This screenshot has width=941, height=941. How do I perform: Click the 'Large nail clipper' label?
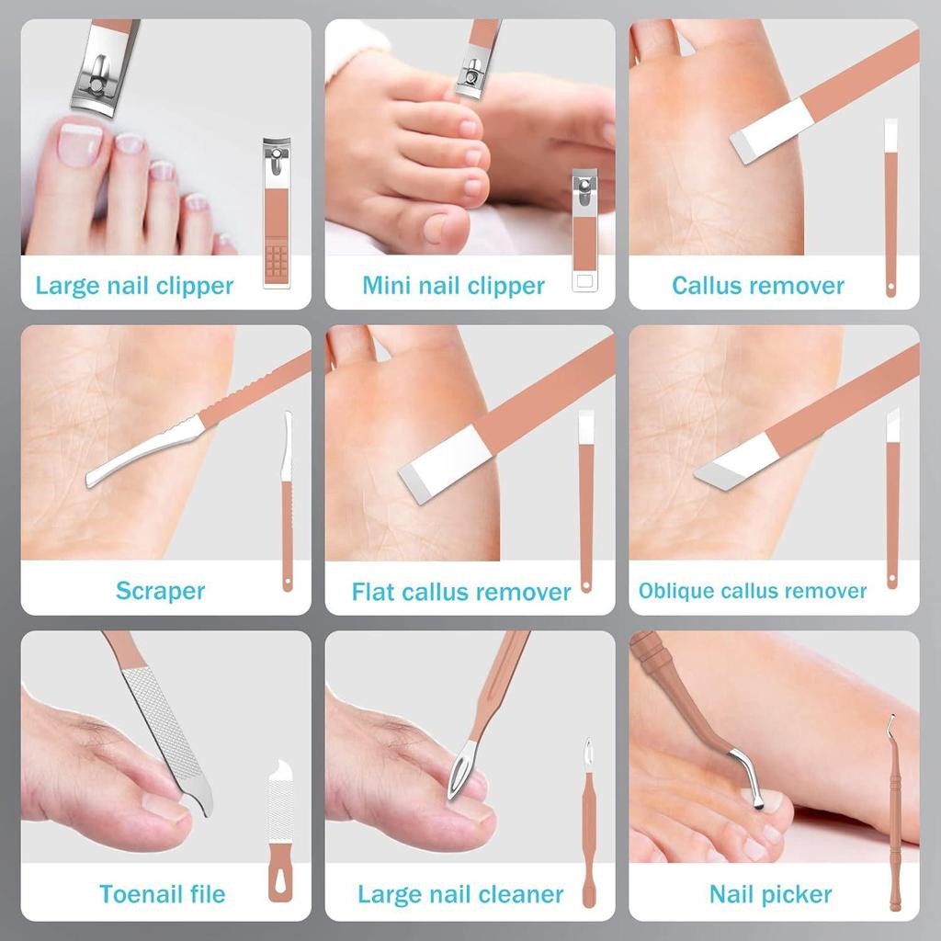click(x=134, y=286)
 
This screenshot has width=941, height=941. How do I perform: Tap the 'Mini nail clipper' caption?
click(x=453, y=286)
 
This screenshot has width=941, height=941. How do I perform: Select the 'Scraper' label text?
click(x=160, y=590)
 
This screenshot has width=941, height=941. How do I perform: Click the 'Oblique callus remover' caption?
click(x=752, y=591)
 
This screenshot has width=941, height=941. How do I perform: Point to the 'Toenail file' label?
click(x=162, y=894)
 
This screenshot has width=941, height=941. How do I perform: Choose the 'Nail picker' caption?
click(x=770, y=894)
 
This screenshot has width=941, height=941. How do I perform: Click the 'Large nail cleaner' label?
click(x=460, y=894)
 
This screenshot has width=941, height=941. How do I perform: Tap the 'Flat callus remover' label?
click(x=461, y=592)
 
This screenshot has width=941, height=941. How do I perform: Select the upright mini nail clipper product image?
click(x=584, y=230)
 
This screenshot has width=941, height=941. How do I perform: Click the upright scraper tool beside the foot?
click(x=287, y=501)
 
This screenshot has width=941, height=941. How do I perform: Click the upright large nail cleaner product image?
click(x=588, y=822)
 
